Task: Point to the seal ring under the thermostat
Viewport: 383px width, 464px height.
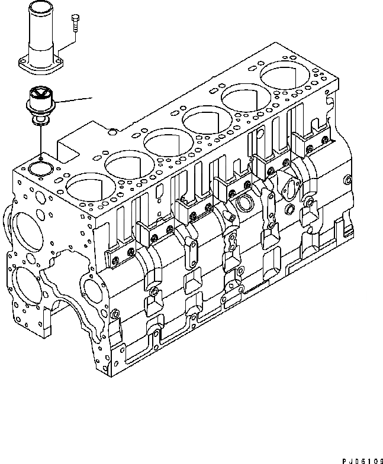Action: [x=40, y=122]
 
